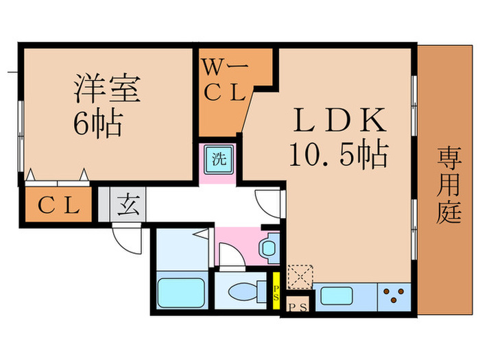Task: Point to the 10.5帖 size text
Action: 338,154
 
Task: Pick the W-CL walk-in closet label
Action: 224,82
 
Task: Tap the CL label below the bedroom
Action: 59,206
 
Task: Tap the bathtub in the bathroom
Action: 182,292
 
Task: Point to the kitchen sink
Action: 337,297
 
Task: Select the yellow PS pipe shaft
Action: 276,291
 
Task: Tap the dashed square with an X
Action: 300,276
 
